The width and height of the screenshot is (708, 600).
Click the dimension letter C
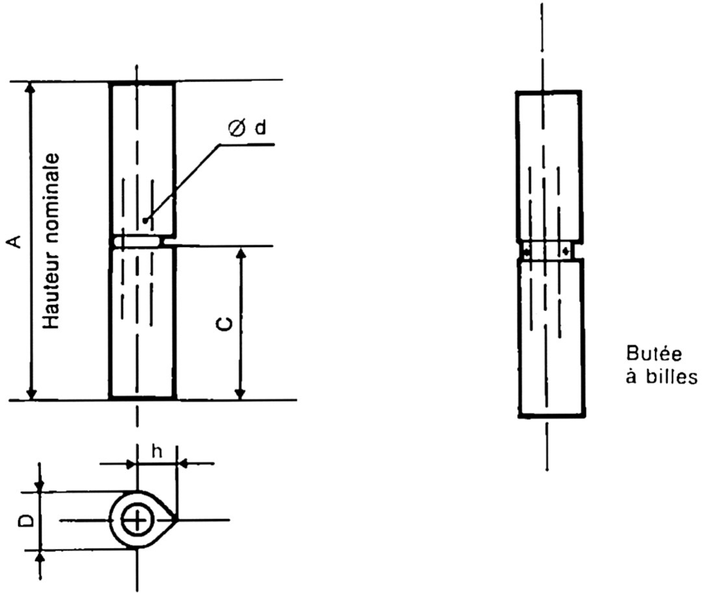[222, 323]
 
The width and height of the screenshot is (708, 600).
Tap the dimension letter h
[156, 450]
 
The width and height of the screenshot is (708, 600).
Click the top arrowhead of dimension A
[30, 88]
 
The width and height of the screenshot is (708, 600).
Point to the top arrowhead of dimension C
[241, 254]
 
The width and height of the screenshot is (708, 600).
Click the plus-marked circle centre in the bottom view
[136, 520]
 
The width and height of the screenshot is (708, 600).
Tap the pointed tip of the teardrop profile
[176, 519]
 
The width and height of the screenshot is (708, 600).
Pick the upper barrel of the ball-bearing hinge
[548, 165]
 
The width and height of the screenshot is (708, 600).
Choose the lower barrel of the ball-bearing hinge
[551, 337]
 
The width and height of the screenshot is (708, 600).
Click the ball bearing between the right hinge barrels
[550, 250]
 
